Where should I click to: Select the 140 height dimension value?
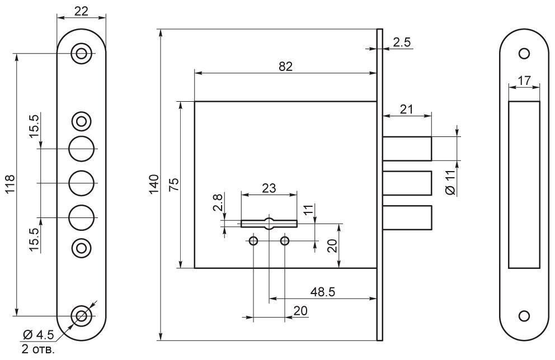click(154, 184)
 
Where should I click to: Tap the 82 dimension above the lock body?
click(285, 65)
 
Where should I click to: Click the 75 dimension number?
click(173, 185)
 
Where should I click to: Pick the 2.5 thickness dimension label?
click(402, 41)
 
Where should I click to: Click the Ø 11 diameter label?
click(451, 182)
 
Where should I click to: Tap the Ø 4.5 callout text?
click(39, 335)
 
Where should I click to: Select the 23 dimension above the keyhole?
click(269, 188)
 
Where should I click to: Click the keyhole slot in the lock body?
click(269, 223)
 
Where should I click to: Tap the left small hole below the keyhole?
click(253, 241)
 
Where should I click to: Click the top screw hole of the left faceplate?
click(82, 54)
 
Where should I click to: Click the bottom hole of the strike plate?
click(524, 316)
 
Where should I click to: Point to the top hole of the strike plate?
click(524, 54)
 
